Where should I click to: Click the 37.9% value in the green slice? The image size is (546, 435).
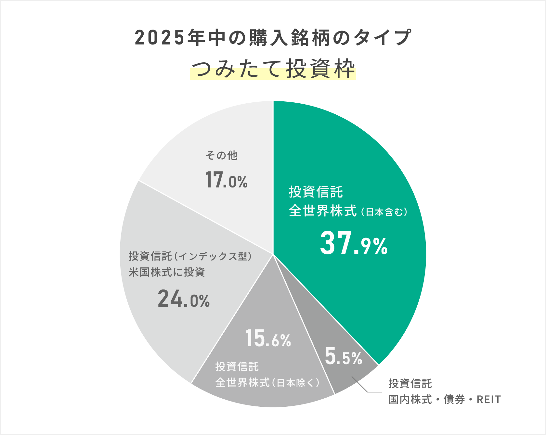354,244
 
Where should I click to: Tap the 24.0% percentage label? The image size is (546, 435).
184,299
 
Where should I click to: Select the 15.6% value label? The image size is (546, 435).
268,339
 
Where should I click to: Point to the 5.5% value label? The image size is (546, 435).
343,357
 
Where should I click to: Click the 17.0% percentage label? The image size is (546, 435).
226,180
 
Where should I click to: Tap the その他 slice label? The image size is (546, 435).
221,156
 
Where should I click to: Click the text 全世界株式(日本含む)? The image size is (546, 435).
348,211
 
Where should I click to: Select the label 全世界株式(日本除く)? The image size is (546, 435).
267,383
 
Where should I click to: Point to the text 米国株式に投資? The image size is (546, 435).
167,272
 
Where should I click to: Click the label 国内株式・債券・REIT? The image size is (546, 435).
444,400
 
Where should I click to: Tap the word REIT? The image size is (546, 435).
488,400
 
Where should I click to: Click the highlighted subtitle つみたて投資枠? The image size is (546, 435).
273,69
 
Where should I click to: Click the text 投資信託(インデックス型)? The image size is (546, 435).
190,256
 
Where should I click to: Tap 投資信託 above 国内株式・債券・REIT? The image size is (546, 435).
410,384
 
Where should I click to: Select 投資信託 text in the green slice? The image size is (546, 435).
316,192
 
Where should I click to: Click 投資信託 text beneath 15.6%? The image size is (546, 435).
237,367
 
